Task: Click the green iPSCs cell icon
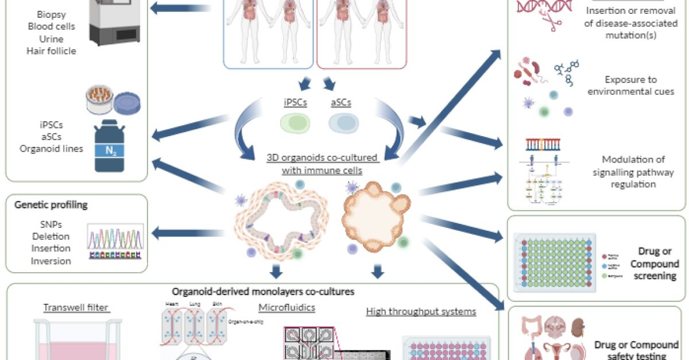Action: coord(295,122)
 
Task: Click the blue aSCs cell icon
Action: coord(344,122)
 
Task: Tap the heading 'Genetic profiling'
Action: coord(47,205)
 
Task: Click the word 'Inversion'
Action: coord(52,261)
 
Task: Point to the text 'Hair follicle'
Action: coord(51,51)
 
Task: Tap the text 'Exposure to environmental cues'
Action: coord(629,86)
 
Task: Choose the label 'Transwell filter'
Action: coord(76,308)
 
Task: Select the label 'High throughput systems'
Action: coord(421,311)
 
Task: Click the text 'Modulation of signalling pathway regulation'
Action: coord(629,172)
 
